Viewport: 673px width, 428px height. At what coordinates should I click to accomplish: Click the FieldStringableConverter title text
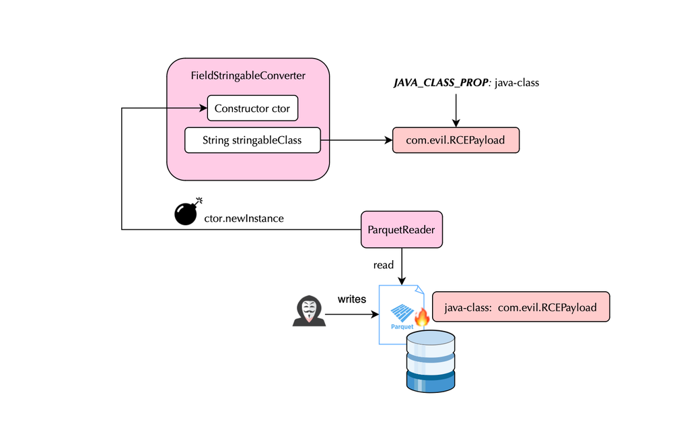coord(248,75)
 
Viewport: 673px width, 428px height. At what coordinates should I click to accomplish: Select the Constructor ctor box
coord(252,109)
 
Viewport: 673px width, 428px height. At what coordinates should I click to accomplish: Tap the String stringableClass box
coord(252,141)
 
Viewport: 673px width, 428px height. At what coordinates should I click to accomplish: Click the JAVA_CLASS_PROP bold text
coord(441,83)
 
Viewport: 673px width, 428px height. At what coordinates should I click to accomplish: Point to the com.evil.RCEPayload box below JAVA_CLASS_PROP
coord(456,140)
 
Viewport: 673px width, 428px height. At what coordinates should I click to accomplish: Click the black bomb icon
coord(187,212)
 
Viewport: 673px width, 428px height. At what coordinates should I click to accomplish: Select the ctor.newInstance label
coord(244,218)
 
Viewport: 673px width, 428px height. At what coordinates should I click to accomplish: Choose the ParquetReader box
coord(402,230)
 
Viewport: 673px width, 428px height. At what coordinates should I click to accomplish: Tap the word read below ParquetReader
coord(384,265)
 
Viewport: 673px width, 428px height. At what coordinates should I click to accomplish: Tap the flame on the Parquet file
coord(421,315)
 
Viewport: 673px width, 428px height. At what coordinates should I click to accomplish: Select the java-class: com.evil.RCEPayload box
coord(520,307)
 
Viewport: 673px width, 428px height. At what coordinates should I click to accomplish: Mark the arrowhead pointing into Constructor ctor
coord(203,109)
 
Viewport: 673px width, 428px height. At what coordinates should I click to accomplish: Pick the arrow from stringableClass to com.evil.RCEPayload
coord(357,141)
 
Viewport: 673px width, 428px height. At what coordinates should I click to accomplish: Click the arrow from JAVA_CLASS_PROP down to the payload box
coord(456,109)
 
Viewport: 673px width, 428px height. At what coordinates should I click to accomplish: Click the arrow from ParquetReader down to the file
coord(402,266)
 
